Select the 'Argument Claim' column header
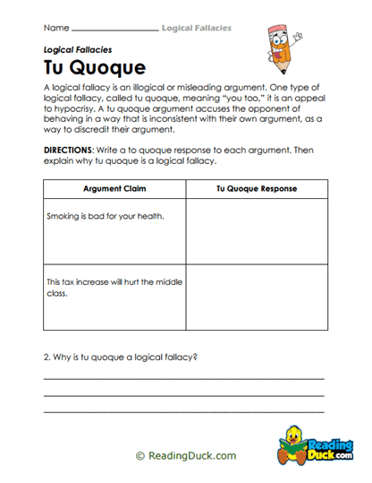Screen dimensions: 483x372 [114, 189]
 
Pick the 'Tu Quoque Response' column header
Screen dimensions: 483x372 [256, 189]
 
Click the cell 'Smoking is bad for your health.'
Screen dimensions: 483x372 [105, 216]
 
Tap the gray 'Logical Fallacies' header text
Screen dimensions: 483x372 [196, 29]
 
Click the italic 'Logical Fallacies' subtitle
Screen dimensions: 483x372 [77, 50]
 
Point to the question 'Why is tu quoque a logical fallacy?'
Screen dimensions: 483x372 [121, 357]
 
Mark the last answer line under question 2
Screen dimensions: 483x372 [183, 410]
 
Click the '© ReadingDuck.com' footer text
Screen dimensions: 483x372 [186, 455]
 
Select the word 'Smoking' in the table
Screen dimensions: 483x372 [63, 216]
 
